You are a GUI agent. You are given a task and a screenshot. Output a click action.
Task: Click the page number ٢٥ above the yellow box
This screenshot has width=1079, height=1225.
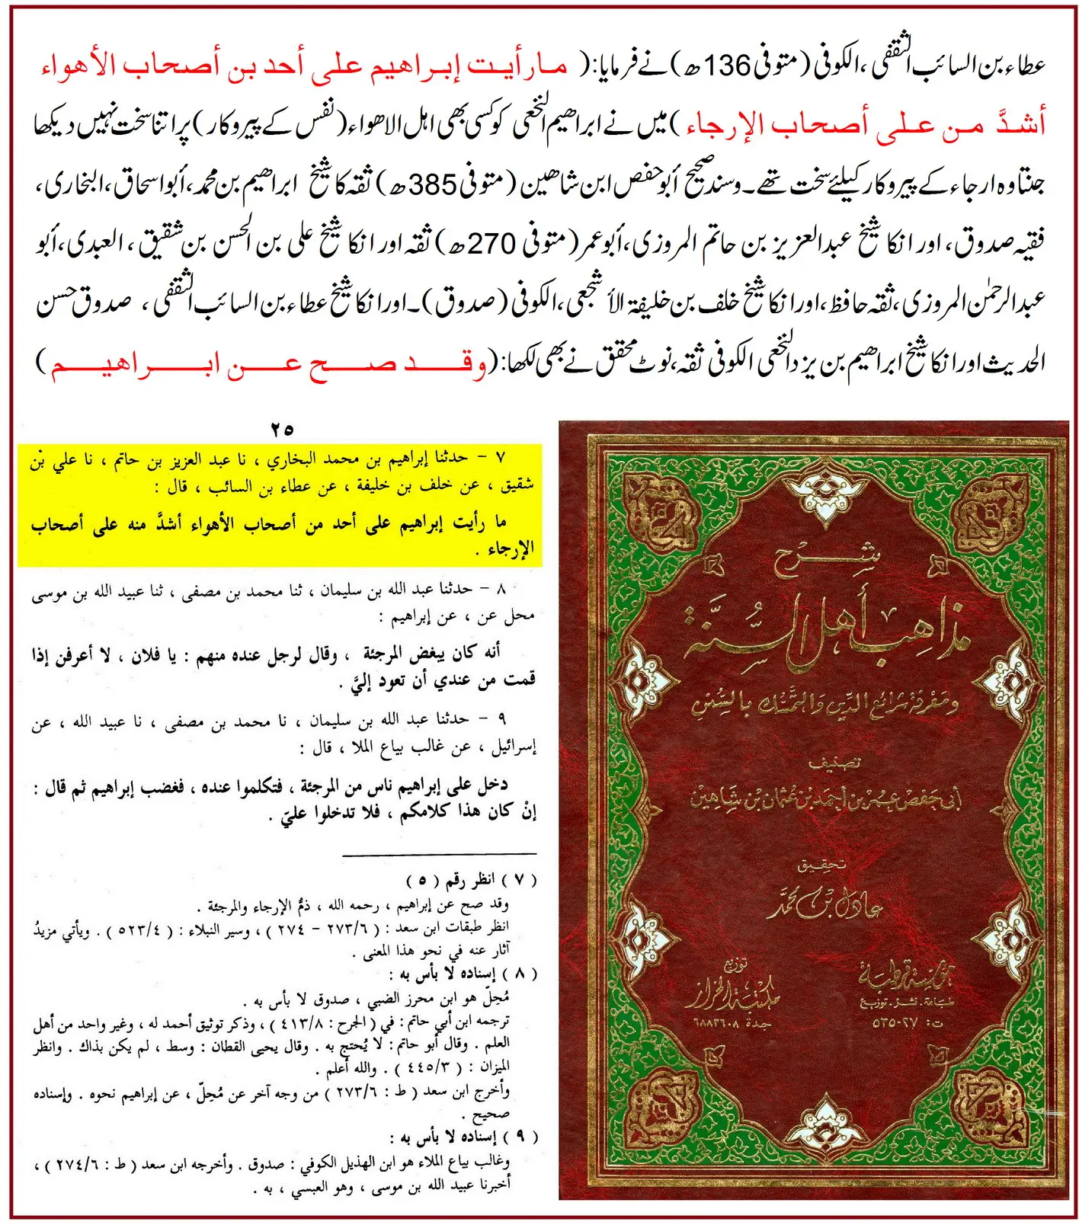coord(282,430)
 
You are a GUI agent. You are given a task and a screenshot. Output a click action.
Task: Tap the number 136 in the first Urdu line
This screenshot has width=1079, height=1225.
coord(728,66)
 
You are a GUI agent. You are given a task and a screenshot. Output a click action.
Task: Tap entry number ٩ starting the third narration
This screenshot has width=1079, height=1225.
coord(502,718)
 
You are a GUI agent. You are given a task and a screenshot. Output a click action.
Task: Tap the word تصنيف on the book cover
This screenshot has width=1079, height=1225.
coord(830,763)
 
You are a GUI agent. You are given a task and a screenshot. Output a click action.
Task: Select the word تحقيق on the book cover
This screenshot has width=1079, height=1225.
coord(821,866)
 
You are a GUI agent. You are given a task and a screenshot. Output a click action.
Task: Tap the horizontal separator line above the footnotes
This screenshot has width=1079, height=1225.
coord(440,855)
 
